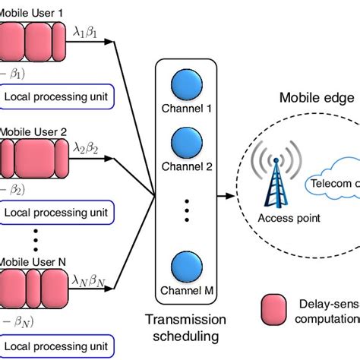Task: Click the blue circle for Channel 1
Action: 185,81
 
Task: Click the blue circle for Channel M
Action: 185,268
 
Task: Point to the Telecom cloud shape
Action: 335,182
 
